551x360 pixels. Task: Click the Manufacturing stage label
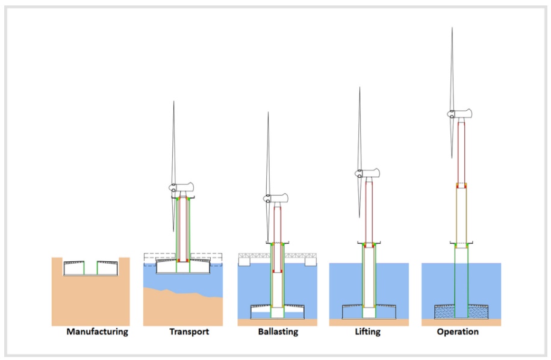pyautogui.click(x=98, y=332)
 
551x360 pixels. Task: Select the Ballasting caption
pyautogui.click(x=278, y=332)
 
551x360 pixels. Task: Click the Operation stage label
pyautogui.click(x=458, y=332)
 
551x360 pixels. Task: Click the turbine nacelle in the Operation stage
pyautogui.click(x=460, y=113)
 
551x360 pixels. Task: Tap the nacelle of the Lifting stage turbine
pyautogui.click(x=369, y=174)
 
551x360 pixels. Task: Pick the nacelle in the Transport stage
pyautogui.click(x=184, y=188)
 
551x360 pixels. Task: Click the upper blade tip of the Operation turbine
pyautogui.click(x=452, y=29)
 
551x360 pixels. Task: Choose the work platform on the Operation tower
pyautogui.click(x=461, y=244)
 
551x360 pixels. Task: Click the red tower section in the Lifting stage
pyautogui.click(x=369, y=211)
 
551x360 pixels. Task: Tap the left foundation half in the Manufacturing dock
pyautogui.click(x=75, y=268)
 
